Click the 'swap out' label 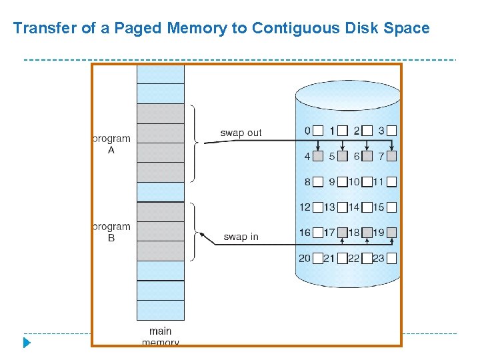click(241, 133)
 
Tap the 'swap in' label click(241, 237)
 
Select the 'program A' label click(111, 145)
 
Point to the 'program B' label click(111, 232)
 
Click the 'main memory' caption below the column click(160, 336)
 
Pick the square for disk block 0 click(319, 131)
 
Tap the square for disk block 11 click(391, 181)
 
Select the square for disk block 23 click(391, 258)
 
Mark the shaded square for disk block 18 click(367, 233)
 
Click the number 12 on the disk click(305, 207)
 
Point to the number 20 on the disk click(305, 258)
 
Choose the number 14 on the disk click(353, 207)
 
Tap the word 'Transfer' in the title click(41, 29)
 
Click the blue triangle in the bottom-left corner click(27, 343)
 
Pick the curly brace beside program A click(195, 142)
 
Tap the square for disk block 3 click(391, 131)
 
